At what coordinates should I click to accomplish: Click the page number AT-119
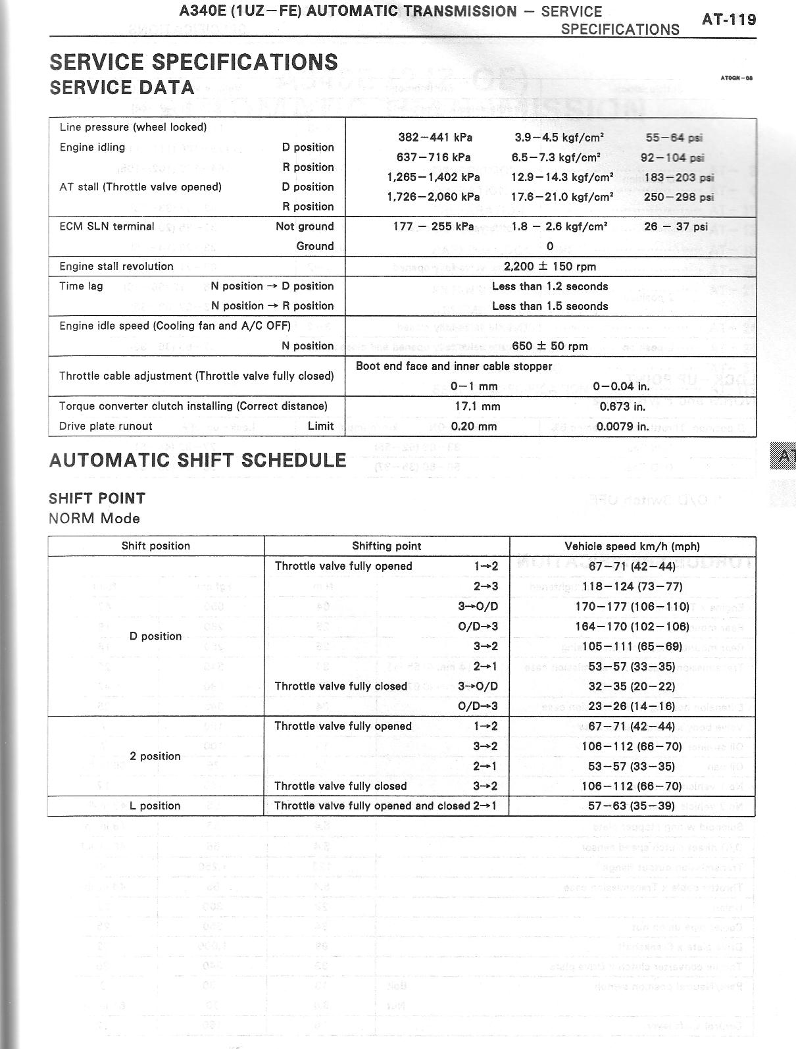pos(729,19)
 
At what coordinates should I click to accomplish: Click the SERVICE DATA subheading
pos(122,88)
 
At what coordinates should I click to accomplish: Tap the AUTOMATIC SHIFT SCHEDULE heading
pos(197,460)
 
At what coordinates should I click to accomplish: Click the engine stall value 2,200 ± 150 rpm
pos(550,267)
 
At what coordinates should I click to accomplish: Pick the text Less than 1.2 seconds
pos(550,286)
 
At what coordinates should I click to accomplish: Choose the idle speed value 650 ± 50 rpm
pos(550,346)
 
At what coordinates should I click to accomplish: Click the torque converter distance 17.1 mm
pos(477,407)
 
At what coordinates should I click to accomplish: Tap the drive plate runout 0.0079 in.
pos(622,426)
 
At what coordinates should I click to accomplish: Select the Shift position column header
pos(156,546)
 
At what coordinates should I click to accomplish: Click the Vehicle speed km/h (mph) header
pos(632,546)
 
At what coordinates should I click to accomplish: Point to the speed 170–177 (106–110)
pos(632,607)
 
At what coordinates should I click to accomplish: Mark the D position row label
pos(156,636)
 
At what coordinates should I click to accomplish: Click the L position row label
pos(156,806)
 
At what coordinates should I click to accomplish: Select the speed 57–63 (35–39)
pos(632,806)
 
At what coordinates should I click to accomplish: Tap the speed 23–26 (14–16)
pos(632,707)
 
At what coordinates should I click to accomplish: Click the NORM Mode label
pos(94,519)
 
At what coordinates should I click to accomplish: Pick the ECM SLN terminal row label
pos(107,226)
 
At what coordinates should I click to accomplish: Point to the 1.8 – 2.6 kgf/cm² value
pos(559,226)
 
